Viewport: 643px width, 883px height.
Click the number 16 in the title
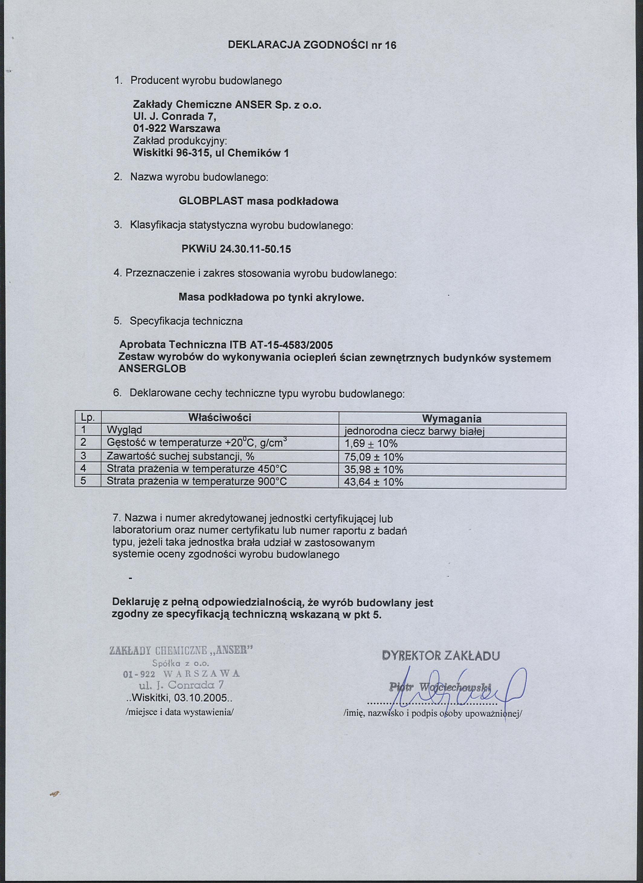coord(390,46)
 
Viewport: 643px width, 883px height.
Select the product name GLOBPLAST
coord(211,201)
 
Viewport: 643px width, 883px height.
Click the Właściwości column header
coord(220,418)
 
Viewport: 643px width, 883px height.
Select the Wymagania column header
coord(451,419)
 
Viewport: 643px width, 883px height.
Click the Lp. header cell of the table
coord(88,418)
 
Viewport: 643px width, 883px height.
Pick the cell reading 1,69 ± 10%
coord(371,444)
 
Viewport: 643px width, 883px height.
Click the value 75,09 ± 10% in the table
coord(374,457)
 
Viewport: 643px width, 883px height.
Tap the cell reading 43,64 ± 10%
coord(374,482)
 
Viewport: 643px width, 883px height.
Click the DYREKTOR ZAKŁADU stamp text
coord(441,656)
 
